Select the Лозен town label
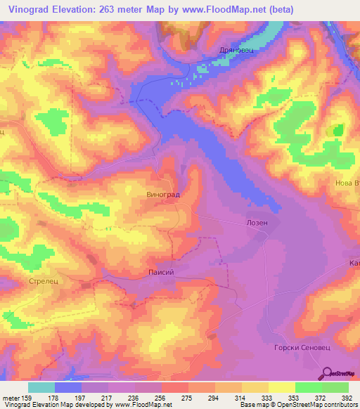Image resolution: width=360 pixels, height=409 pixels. coord(257,222)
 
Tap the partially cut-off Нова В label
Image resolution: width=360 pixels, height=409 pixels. coord(347,184)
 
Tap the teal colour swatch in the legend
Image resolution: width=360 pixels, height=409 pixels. coord(41,387)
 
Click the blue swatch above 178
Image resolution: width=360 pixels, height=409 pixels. coord(68,387)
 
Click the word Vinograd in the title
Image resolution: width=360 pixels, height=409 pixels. coord(27,8)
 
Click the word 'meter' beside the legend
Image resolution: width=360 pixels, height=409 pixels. coord(12,397)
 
